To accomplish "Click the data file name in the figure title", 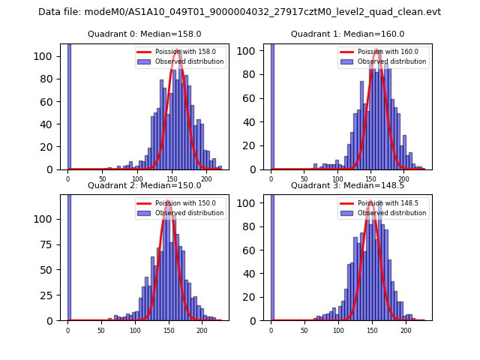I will point(239,12).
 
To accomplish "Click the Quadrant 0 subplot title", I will point(145,34).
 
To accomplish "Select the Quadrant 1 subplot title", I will point(347,34).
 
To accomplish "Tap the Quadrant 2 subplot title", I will point(145,185).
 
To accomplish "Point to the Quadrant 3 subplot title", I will point(347,185).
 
